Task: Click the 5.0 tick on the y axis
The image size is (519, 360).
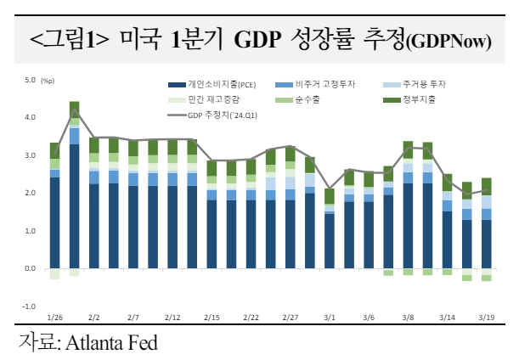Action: pos(30,81)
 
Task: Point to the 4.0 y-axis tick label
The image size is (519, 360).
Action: pos(30,117)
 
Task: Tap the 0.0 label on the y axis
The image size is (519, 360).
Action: pos(30,268)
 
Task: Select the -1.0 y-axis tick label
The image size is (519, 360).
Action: pos(29,306)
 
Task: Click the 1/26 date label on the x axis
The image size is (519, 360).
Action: pos(55,317)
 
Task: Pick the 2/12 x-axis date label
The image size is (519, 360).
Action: pos(172,317)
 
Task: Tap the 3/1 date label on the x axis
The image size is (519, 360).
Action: pos(330,317)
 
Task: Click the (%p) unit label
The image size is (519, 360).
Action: pos(47,81)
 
